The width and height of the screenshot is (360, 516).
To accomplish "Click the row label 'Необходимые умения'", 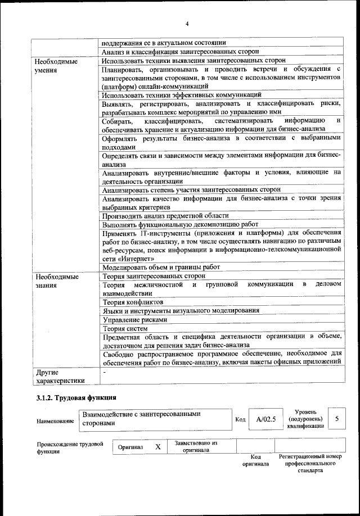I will [56, 65].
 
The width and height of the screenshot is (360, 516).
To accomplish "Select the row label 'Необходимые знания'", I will [56, 280].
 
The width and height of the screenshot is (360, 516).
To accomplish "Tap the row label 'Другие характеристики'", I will [60, 376].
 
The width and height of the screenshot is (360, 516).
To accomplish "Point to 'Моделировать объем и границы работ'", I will [161, 267].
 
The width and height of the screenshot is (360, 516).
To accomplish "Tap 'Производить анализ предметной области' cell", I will [165, 215].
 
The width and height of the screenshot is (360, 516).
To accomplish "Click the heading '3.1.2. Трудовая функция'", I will [73, 399].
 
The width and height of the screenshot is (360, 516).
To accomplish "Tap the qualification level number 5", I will [336, 419].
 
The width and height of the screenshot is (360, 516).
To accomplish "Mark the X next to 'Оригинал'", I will [158, 446].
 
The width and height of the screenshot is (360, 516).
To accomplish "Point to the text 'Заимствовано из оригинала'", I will [196, 446].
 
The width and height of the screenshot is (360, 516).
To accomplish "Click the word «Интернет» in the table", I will [137, 258].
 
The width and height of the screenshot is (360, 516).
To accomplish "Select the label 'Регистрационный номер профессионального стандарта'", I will [310, 463].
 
